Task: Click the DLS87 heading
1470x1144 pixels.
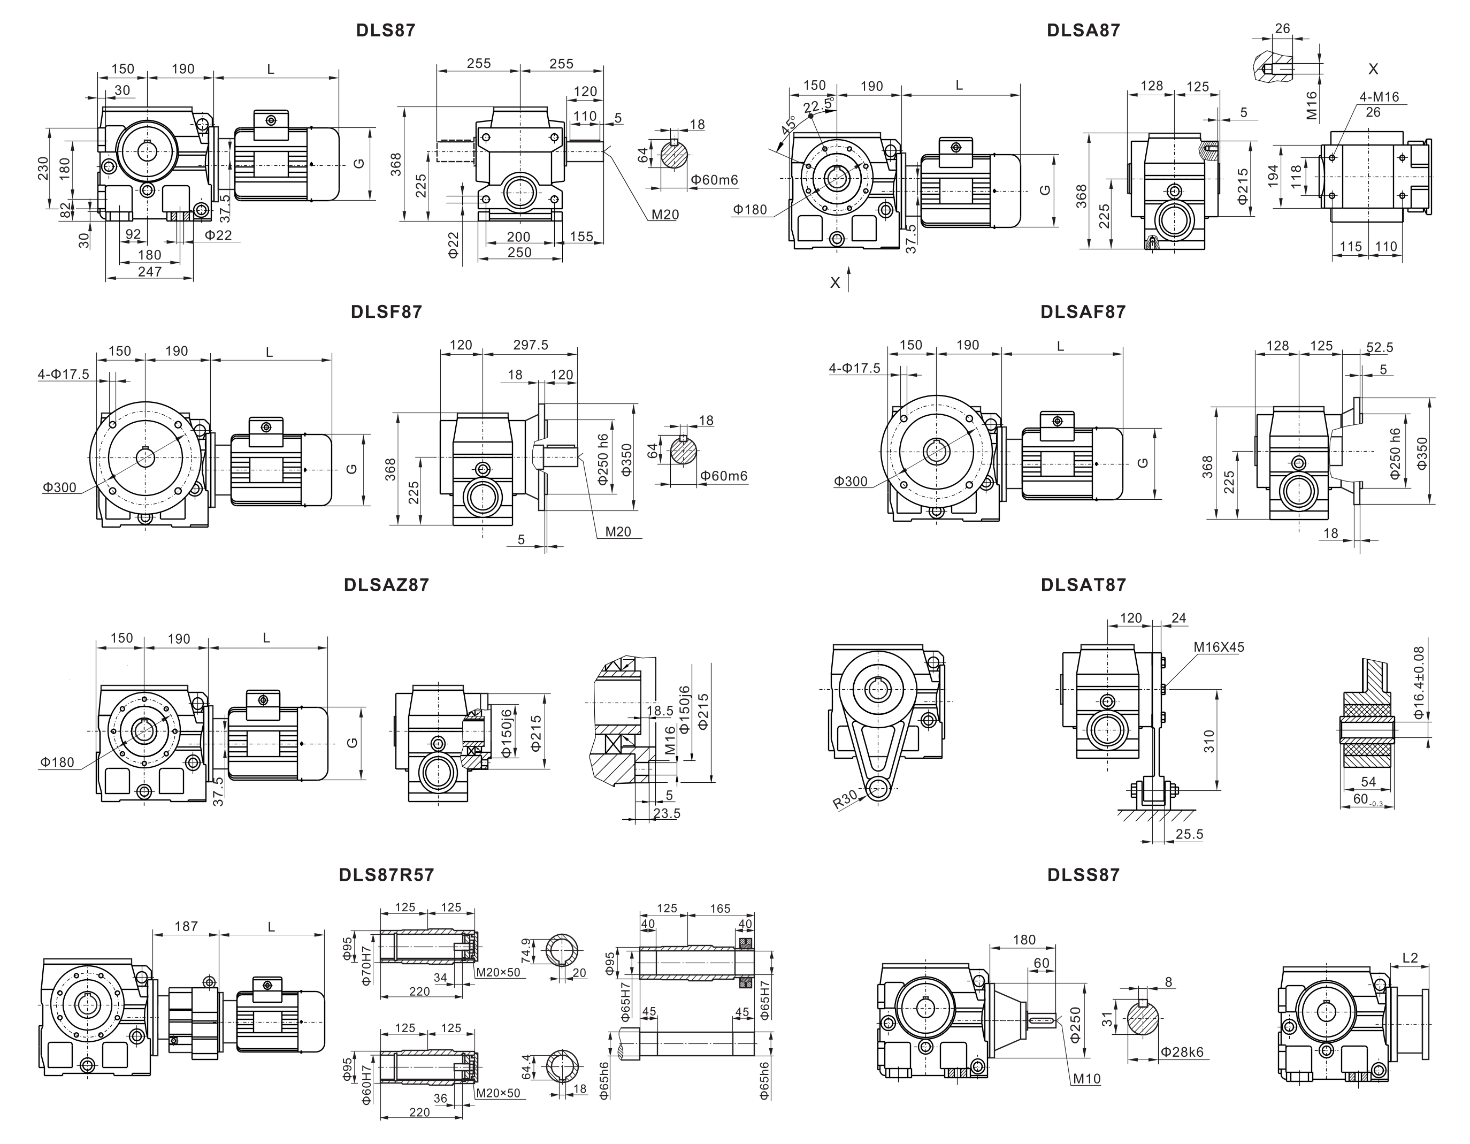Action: tap(386, 30)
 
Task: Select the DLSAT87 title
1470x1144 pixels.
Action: tap(1083, 585)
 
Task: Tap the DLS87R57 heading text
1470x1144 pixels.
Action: tap(386, 875)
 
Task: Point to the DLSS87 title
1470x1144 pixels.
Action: tap(1083, 875)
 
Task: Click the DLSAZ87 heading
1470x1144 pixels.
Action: tap(386, 585)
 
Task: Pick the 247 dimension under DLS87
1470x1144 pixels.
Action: tap(149, 271)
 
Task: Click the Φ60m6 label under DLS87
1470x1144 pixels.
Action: tap(714, 180)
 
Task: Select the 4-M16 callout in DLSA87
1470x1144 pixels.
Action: tap(1379, 97)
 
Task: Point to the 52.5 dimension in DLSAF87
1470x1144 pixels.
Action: tap(1380, 347)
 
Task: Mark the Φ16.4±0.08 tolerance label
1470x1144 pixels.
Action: tap(1419, 682)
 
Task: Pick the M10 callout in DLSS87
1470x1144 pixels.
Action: tap(1086, 1079)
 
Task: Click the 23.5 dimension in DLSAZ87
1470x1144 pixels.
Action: tap(667, 813)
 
